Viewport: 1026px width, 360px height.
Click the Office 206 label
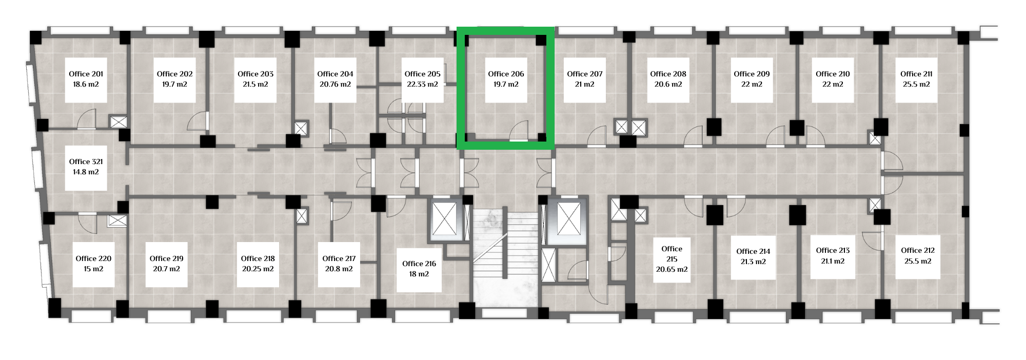click(506, 74)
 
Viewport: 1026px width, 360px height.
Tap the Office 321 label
click(86, 162)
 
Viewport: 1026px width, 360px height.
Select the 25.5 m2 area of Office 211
click(917, 84)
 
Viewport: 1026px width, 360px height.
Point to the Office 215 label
click(672, 254)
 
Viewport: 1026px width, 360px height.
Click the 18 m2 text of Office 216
click(419, 274)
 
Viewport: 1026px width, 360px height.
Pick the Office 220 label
click(93, 258)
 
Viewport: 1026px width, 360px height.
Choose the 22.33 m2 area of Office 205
click(423, 84)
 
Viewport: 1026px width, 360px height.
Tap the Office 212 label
click(918, 250)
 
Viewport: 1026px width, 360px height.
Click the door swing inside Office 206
click(519, 130)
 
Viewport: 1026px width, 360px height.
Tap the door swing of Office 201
click(87, 119)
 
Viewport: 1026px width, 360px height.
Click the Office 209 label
click(752, 74)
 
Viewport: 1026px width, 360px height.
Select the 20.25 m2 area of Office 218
click(258, 269)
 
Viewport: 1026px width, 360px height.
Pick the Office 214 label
click(753, 251)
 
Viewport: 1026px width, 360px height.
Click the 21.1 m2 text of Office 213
click(833, 261)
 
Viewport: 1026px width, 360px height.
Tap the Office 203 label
click(255, 74)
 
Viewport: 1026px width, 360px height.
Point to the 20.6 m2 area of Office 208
click(668, 84)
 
